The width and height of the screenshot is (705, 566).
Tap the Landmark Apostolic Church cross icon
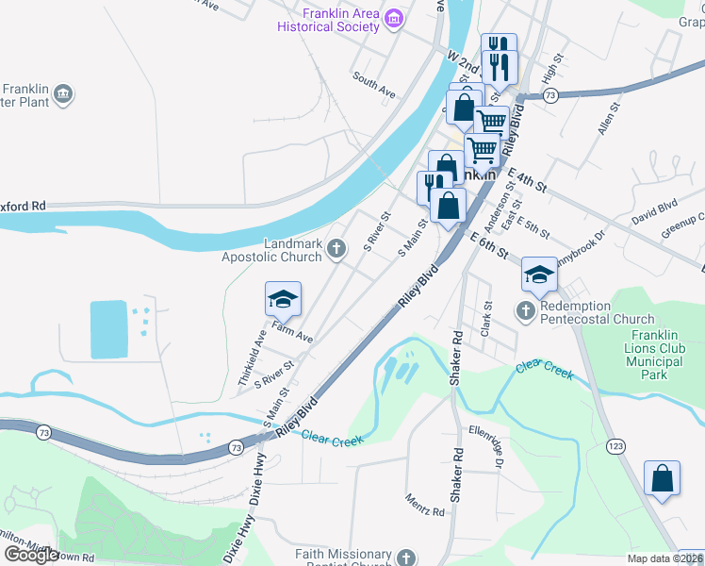[336, 249]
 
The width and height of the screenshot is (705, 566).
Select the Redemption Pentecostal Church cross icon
[525, 309]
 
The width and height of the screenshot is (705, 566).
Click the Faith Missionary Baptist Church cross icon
[406, 558]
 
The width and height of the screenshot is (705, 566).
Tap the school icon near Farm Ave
[283, 300]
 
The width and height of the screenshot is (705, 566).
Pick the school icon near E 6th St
[539, 275]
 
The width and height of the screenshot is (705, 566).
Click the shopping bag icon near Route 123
[662, 477]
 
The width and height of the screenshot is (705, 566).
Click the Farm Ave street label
[292, 330]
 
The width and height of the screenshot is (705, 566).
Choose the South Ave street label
[374, 85]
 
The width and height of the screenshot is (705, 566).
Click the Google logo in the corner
[32, 555]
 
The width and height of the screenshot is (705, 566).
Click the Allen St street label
[606, 123]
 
